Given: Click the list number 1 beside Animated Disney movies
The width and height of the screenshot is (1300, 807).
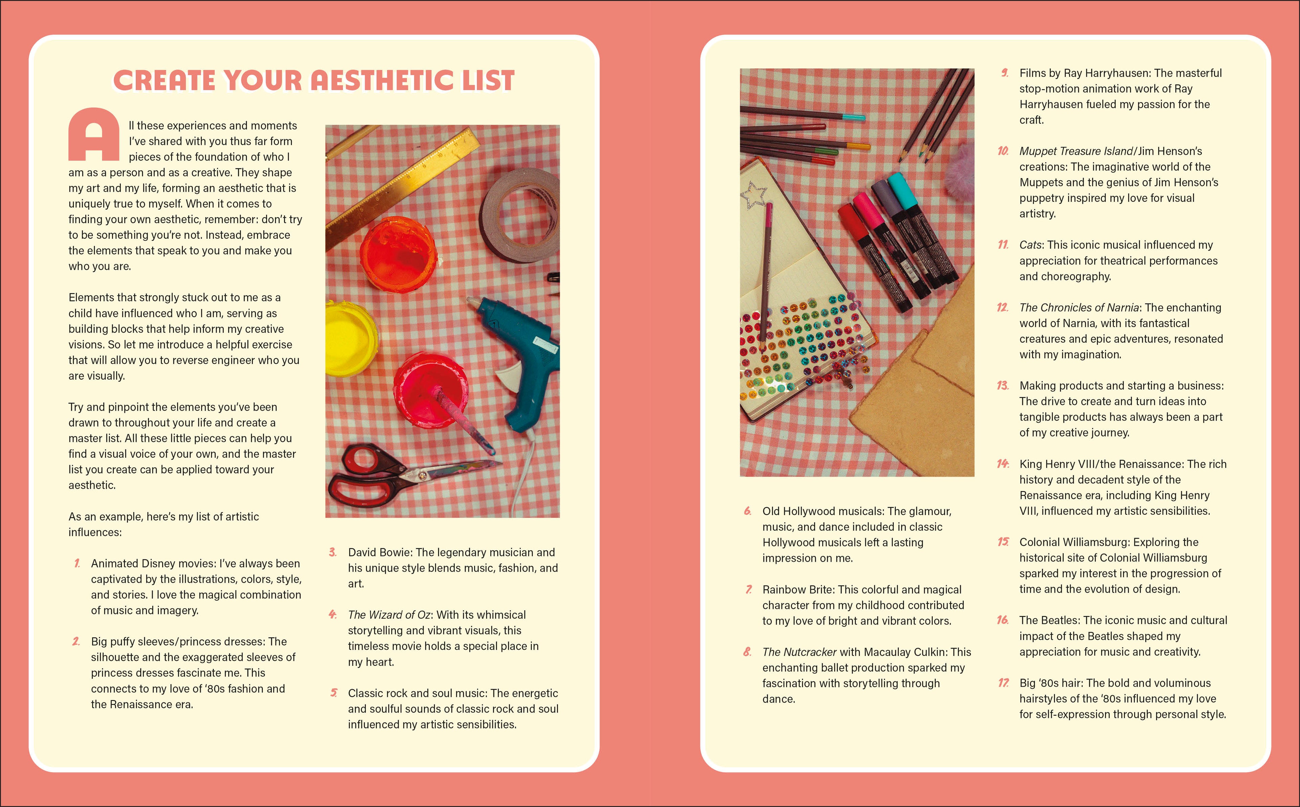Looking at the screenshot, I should pos(77,563).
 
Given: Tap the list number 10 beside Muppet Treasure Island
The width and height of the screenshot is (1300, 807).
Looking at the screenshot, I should pos(1003,151).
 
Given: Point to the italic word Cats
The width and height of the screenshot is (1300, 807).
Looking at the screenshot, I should pos(1031,245).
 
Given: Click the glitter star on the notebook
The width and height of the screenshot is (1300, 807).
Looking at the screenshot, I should pos(753,195).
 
